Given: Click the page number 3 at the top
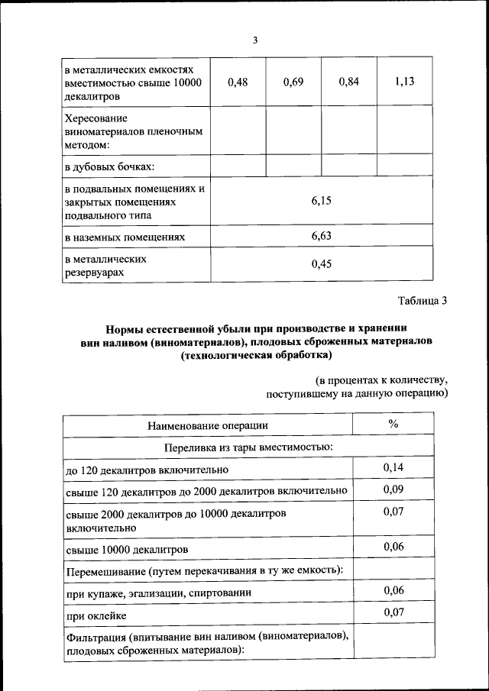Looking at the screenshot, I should point(255,40).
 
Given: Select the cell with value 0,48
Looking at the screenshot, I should point(238,82).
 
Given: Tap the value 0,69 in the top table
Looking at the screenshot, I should point(293,82).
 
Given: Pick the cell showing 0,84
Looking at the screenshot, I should point(348,82).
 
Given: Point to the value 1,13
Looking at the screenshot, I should point(405,82).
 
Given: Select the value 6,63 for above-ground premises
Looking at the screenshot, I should point(321,237).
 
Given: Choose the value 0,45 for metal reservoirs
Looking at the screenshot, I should point(321,265).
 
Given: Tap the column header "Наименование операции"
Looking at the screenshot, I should point(207,425).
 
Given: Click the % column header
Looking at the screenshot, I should point(393,425).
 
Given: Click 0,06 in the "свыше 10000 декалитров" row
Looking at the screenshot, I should point(393,547).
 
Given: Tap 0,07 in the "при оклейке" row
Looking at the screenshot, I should point(393,612).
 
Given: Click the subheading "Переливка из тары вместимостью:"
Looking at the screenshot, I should point(248,447).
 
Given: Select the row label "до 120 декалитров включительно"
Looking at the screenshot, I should point(147,469).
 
